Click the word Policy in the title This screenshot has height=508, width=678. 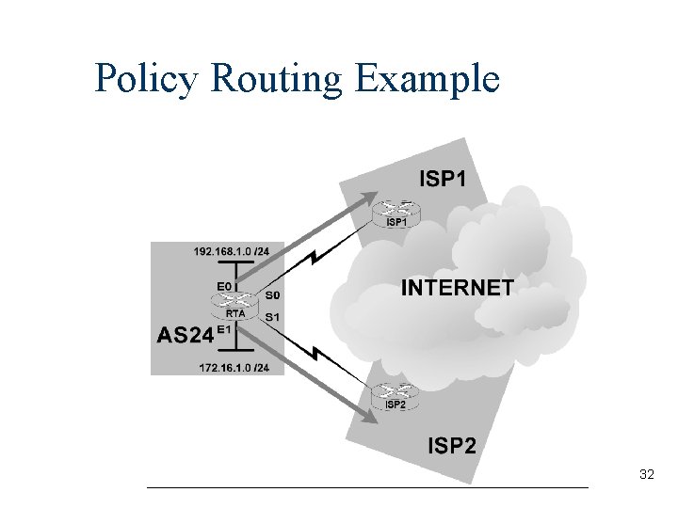pyautogui.click(x=147, y=79)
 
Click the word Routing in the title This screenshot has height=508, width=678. pyautogui.click(x=278, y=79)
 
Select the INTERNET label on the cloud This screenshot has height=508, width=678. pyautogui.click(x=458, y=288)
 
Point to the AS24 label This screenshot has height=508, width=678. pyautogui.click(x=185, y=335)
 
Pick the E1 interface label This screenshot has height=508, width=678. pyautogui.click(x=224, y=330)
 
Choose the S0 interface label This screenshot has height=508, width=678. pyautogui.click(x=272, y=294)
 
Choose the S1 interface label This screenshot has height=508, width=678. pyautogui.click(x=272, y=317)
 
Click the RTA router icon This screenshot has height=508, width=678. pyautogui.click(x=235, y=303)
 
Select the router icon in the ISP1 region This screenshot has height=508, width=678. pyautogui.click(x=396, y=211)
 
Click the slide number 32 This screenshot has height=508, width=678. pyautogui.click(x=646, y=475)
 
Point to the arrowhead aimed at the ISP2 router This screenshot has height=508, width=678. pyautogui.click(x=366, y=412)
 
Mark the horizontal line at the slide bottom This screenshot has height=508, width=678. pyautogui.click(x=367, y=487)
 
